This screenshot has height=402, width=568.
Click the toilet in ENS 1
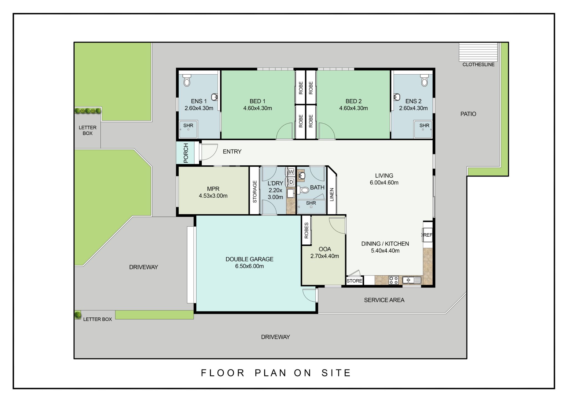[x=187, y=80]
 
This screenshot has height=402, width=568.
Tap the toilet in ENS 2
[x=424, y=80]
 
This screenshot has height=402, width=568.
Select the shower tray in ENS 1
[x=188, y=129]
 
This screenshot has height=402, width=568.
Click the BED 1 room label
[x=257, y=101]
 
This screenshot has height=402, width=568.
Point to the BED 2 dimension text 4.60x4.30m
[x=353, y=108]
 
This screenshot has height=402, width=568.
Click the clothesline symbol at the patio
[x=478, y=52]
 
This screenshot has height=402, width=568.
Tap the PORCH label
[x=186, y=153]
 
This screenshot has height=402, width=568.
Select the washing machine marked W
[x=291, y=172]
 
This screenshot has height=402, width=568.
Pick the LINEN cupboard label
[x=332, y=194]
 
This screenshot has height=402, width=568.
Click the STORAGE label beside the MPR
[x=255, y=191]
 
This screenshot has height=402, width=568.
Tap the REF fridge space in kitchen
[x=427, y=235]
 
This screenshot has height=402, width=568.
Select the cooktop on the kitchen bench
[x=393, y=280]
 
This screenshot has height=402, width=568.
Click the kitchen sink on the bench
[x=412, y=280]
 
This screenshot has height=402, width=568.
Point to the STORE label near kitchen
[x=354, y=281]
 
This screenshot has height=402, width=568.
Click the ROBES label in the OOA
[x=306, y=231]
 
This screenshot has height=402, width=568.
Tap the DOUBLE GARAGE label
[x=249, y=259]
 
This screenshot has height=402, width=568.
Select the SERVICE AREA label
[x=384, y=300]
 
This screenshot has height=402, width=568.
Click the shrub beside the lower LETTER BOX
[x=78, y=315]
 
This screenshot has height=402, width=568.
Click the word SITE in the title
[x=336, y=373]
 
